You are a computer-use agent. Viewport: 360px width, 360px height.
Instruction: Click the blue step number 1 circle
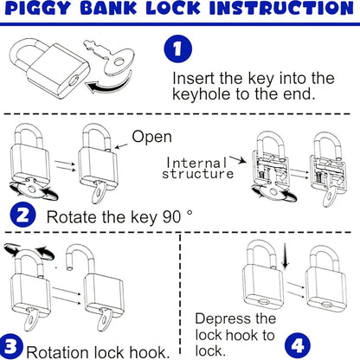click(x=178, y=48)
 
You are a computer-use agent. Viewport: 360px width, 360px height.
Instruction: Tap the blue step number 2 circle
click(x=22, y=215)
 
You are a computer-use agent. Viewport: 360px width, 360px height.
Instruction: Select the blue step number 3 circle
click(x=11, y=346)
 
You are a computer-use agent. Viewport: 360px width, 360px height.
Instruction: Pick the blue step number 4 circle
click(x=298, y=344)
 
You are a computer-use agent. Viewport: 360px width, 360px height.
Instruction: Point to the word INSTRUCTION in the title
click(x=281, y=8)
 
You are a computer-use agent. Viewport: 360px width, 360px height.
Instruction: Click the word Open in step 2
click(x=151, y=137)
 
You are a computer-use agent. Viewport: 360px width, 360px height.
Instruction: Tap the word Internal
click(x=196, y=164)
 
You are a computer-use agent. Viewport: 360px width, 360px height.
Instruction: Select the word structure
click(x=198, y=174)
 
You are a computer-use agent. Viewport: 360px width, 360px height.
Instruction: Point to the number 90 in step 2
click(x=172, y=216)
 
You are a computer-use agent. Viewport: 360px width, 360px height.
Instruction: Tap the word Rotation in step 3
click(x=58, y=352)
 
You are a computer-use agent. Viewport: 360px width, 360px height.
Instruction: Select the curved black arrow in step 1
click(x=109, y=83)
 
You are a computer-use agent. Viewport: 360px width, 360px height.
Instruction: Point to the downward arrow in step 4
click(x=286, y=255)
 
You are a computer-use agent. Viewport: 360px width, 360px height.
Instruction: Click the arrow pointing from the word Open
click(x=121, y=146)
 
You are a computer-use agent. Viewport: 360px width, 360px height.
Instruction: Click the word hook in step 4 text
click(x=241, y=336)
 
